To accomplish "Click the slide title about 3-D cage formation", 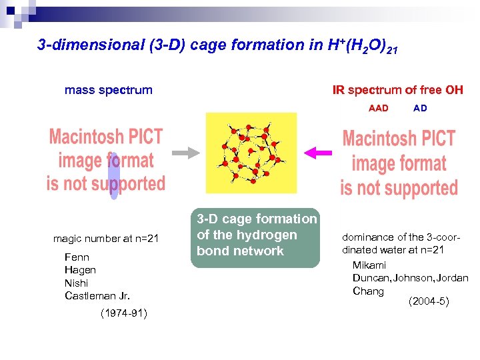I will coord(217,46).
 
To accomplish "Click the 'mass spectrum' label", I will coord(108,90).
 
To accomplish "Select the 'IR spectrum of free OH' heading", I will coord(397,90).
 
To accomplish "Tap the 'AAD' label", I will coord(378,108).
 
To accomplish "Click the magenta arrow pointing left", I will coord(316,153).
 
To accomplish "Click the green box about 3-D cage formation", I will coord(256,235).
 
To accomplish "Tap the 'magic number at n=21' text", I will coord(106,239).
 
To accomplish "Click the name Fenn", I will coord(77,257).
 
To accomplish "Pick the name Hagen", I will coord(80,270).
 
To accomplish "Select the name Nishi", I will coord(77,283).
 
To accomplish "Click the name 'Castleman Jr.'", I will coord(97,295).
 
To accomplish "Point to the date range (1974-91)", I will coord(123,313).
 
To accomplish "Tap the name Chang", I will coord(368,291).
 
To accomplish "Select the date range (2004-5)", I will coord(429,301).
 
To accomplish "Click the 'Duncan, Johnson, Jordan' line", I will coord(410,278).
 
